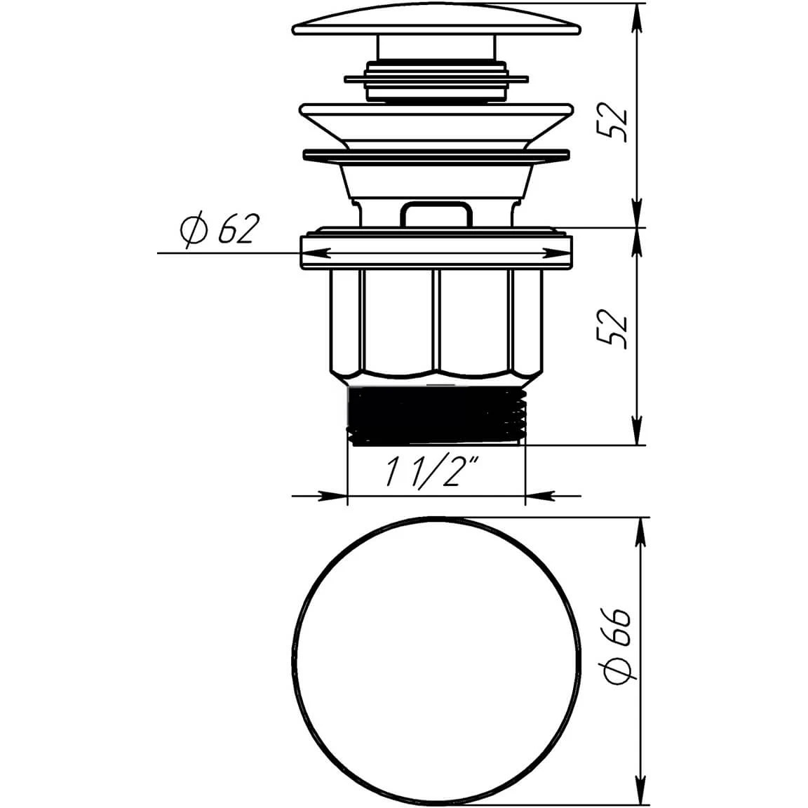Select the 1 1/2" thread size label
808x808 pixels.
point(432,471)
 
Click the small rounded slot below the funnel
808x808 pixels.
point(436,215)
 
